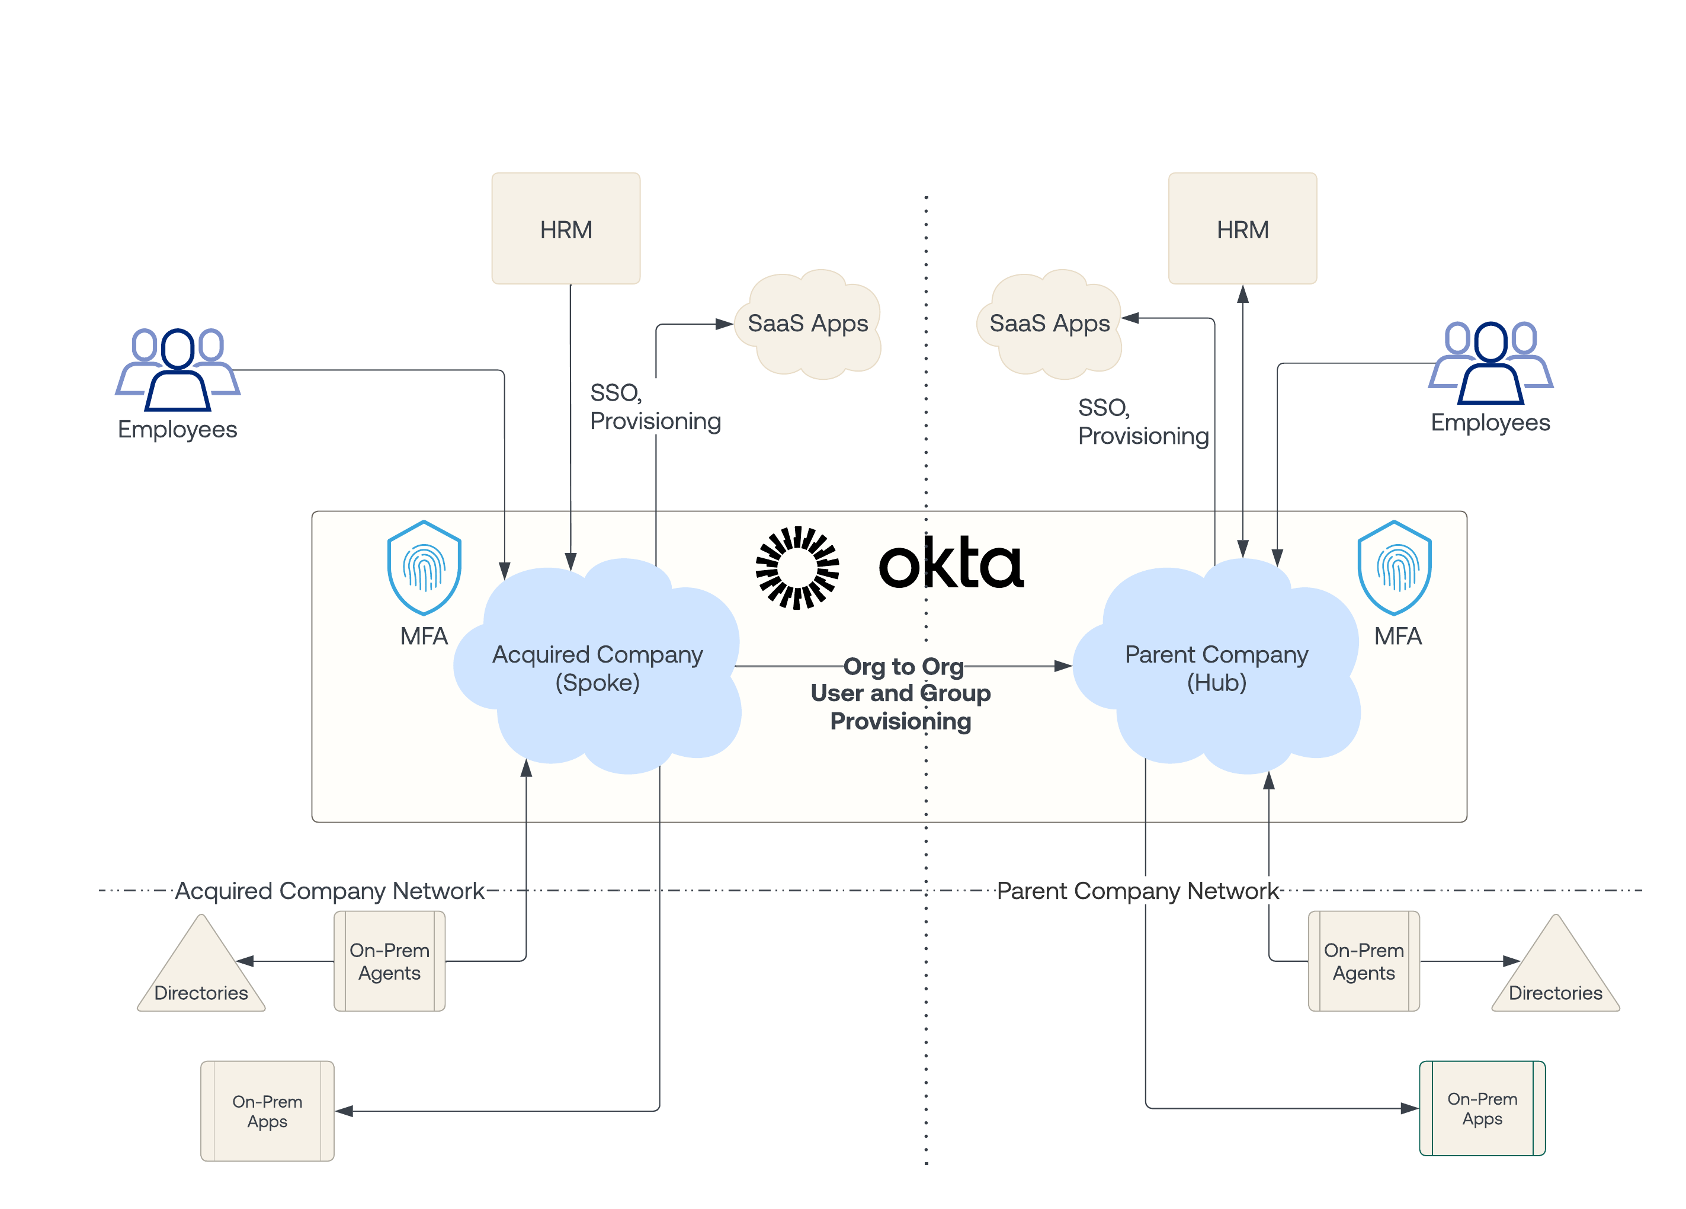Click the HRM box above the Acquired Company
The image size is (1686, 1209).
tap(566, 228)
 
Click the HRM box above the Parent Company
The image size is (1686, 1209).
tap(1242, 228)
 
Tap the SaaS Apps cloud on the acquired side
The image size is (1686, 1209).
tap(808, 324)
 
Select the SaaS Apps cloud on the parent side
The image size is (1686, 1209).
tap(1049, 324)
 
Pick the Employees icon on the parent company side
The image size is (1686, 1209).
tap(1491, 362)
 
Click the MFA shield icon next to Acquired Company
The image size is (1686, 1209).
tap(424, 567)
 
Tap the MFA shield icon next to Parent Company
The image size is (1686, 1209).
tap(1394, 567)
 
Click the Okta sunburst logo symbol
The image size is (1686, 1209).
tap(797, 567)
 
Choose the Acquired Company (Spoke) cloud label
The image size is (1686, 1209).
tap(598, 668)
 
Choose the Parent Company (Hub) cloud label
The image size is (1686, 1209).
tap(1216, 668)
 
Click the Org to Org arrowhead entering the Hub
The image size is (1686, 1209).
tap(1063, 666)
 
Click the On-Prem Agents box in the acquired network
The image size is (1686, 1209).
tap(390, 961)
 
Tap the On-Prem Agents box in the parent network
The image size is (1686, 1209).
tap(1363, 961)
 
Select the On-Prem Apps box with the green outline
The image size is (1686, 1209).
tap(1482, 1108)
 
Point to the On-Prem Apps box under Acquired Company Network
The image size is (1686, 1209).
tap(267, 1111)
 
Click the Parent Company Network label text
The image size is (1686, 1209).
tap(1137, 890)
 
